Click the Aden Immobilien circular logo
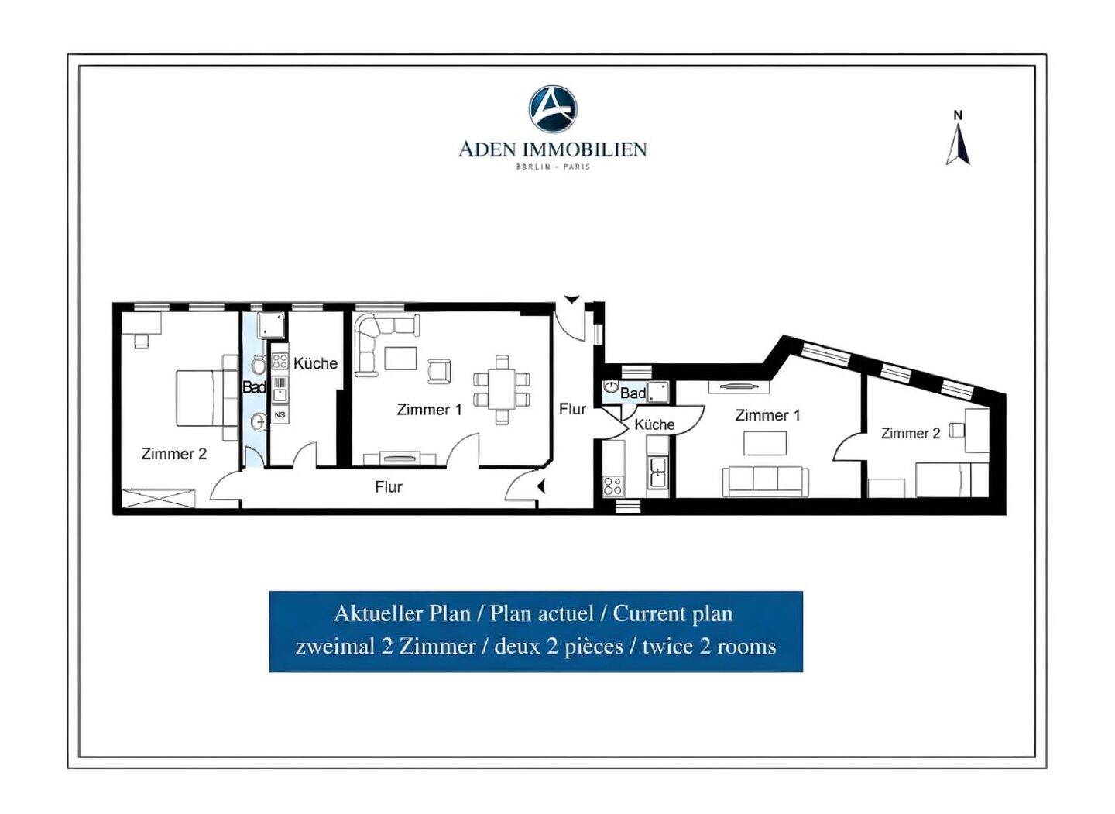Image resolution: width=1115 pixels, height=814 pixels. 553,108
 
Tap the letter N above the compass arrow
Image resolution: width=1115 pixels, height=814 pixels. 958,115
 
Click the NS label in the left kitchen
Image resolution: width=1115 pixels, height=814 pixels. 280,414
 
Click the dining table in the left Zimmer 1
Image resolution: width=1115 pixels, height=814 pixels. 501,389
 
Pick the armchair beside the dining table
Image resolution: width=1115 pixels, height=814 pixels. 439,371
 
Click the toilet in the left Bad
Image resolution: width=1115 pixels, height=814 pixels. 259,365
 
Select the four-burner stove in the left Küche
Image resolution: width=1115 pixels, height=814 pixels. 280,361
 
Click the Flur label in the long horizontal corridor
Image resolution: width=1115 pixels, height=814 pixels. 388,486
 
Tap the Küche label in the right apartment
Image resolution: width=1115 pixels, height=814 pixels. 654,424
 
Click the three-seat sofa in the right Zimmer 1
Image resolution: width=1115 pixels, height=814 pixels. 765,482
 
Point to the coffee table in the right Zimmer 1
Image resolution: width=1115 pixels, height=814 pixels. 765,443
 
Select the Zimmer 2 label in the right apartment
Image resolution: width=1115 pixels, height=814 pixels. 911,433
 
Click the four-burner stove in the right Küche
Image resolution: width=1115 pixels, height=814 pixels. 612,486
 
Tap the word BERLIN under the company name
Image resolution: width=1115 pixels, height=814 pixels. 533,167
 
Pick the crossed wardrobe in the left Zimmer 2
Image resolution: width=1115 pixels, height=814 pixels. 158,498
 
